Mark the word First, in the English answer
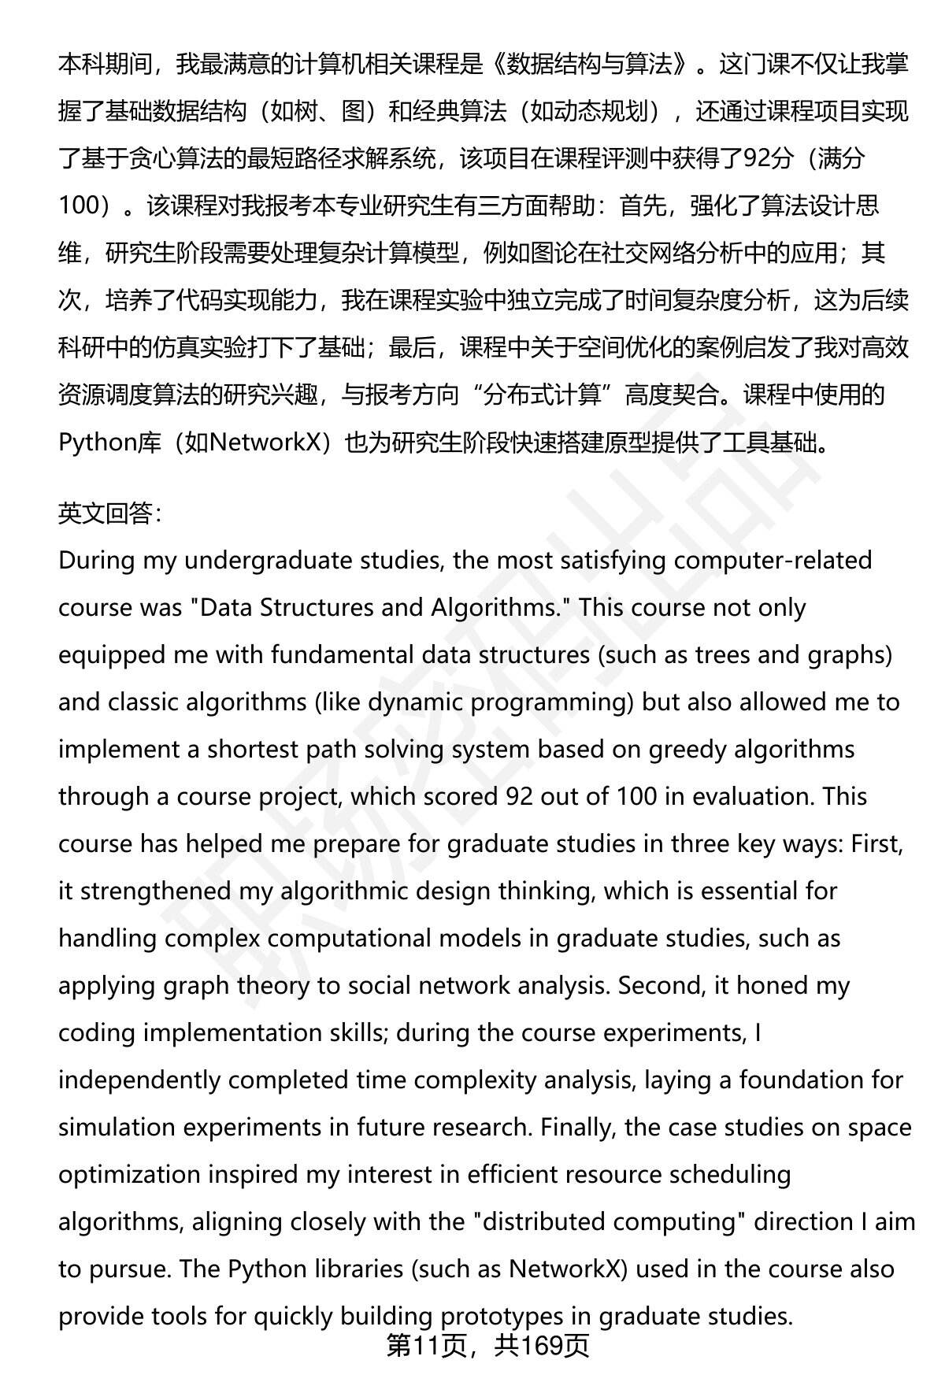[x=876, y=843]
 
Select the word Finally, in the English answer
[x=580, y=1127]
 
